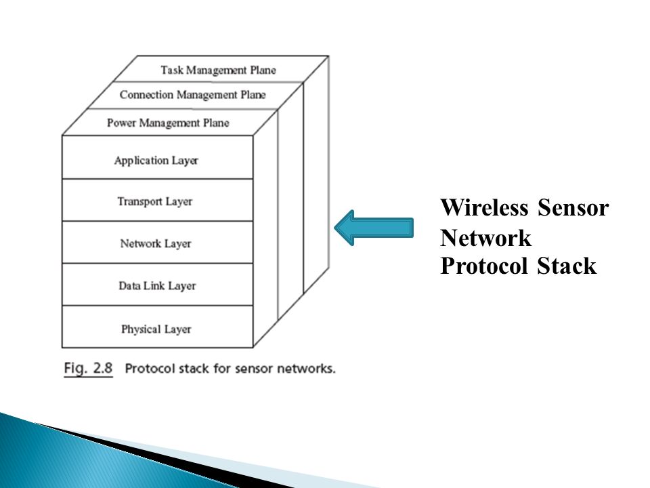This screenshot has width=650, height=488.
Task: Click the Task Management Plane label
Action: (x=218, y=70)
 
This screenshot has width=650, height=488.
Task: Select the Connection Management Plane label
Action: (x=193, y=95)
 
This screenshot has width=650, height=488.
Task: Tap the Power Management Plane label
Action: (x=168, y=123)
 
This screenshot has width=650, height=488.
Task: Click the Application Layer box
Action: (x=156, y=161)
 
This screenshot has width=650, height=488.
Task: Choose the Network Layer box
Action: (x=156, y=243)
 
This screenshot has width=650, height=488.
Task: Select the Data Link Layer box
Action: (x=157, y=285)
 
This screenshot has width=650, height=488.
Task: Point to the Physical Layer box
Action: (x=156, y=329)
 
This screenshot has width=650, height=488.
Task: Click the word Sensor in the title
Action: (x=573, y=208)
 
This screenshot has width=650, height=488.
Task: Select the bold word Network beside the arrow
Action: (x=486, y=238)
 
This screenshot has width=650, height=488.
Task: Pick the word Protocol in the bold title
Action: (x=485, y=267)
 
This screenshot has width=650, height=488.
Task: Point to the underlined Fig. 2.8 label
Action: (x=89, y=369)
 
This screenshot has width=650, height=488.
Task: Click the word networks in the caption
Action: (x=308, y=369)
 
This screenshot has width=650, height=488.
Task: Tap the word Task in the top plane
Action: (x=171, y=70)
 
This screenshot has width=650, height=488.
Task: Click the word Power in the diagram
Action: (x=121, y=123)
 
